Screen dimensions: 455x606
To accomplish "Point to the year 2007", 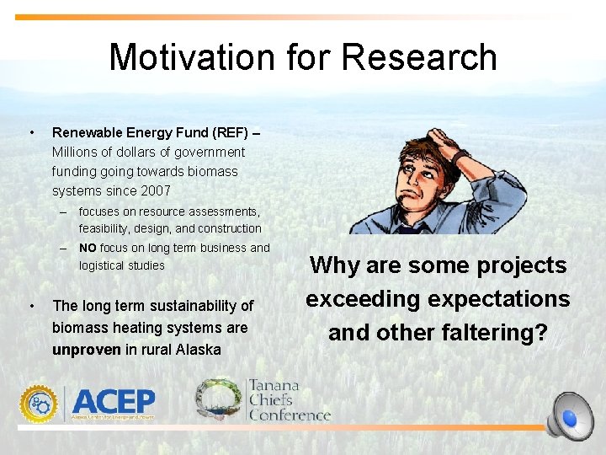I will (155, 190).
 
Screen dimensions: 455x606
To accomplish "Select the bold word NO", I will (88, 248).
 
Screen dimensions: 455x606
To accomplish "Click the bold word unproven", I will (87, 350).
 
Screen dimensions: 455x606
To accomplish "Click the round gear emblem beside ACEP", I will (40, 404).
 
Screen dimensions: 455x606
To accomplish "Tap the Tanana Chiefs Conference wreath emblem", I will (219, 399).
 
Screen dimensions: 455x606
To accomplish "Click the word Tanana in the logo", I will (274, 387).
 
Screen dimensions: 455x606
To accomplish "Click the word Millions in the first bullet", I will (78, 153).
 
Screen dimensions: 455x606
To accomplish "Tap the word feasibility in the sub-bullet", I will (105, 228).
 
